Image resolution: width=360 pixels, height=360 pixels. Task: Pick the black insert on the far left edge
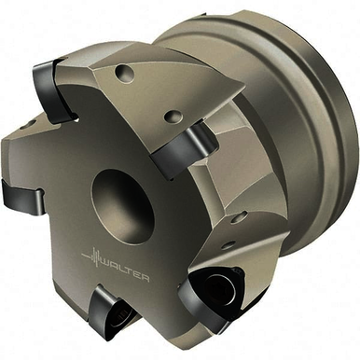click(21, 194)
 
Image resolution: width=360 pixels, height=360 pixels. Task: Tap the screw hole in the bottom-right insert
click(219, 287)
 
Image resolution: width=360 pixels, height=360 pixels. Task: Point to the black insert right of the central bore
click(185, 148)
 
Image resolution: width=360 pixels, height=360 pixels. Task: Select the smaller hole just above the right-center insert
click(172, 118)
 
